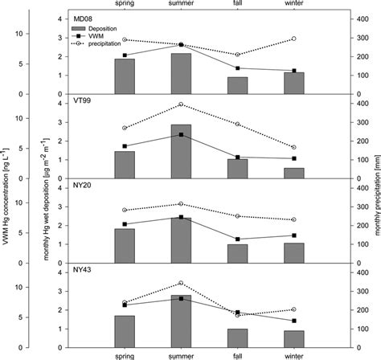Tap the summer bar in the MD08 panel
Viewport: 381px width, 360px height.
181,73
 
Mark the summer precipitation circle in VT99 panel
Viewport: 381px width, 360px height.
181,104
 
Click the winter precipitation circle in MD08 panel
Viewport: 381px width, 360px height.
293,39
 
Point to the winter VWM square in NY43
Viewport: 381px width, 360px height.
293,321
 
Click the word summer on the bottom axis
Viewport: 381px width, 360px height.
181,354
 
